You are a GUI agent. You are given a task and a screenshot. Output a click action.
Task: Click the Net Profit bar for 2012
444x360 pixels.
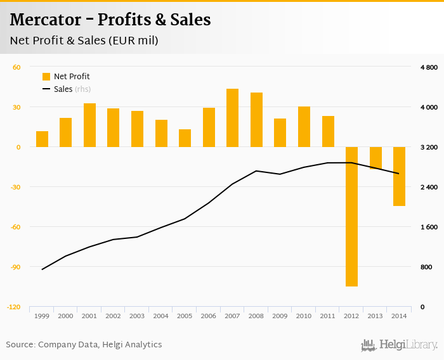351,216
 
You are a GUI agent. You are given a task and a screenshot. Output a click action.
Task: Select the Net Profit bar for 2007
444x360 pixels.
232,118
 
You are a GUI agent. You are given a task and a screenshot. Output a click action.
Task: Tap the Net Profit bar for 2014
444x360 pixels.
399,176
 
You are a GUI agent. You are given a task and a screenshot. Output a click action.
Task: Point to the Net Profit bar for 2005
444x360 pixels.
185,138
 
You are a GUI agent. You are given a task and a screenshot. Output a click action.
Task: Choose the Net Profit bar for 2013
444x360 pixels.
375,158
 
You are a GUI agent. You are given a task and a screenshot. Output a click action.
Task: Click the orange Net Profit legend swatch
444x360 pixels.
46,77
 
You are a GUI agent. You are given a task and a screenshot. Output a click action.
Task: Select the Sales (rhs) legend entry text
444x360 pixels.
72,89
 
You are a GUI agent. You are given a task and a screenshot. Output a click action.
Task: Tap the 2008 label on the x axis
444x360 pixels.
256,316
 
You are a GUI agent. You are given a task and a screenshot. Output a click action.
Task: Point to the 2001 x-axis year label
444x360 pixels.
89,316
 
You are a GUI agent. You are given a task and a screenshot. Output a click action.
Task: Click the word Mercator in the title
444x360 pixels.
46,20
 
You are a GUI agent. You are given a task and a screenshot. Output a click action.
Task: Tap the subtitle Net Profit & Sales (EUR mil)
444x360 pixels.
84,41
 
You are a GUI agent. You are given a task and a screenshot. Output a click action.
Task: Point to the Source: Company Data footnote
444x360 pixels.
84,345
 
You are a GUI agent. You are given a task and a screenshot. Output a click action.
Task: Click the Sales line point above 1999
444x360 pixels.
42,269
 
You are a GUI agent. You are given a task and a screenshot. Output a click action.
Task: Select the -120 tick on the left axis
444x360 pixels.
13,307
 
